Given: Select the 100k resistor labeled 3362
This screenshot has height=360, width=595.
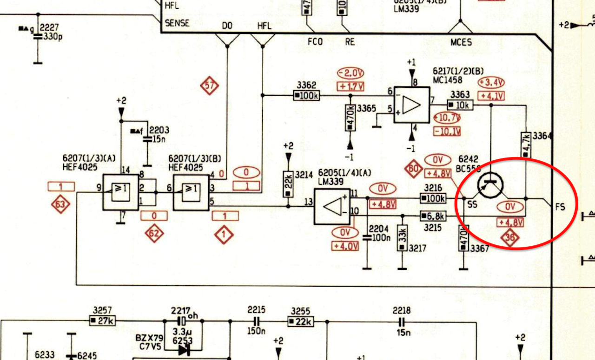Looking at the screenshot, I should (x=306, y=96).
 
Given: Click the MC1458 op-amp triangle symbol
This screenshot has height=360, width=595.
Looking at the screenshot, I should (x=411, y=105).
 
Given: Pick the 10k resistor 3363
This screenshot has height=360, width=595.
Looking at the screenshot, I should (x=460, y=105).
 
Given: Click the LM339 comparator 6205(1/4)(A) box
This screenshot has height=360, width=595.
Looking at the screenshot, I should (x=332, y=206).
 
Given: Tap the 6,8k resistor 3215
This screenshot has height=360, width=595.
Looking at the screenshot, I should (x=433, y=216).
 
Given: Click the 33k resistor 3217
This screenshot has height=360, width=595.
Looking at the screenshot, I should (x=402, y=238).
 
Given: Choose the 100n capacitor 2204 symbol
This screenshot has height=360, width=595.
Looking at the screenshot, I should (x=367, y=237).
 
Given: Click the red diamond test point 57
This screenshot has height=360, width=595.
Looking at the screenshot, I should (x=209, y=85).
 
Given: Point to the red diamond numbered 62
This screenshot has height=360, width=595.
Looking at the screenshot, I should (x=154, y=234).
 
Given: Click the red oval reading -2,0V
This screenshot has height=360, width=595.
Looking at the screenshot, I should (x=350, y=73).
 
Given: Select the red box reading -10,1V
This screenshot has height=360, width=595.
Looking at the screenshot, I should (x=447, y=131).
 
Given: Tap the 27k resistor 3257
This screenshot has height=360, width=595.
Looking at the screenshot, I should (x=102, y=321).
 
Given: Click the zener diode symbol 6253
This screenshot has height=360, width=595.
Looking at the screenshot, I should (x=184, y=349).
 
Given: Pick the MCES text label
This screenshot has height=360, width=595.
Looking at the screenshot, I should (x=461, y=42).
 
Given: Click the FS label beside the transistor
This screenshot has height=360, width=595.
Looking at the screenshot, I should (x=560, y=207).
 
